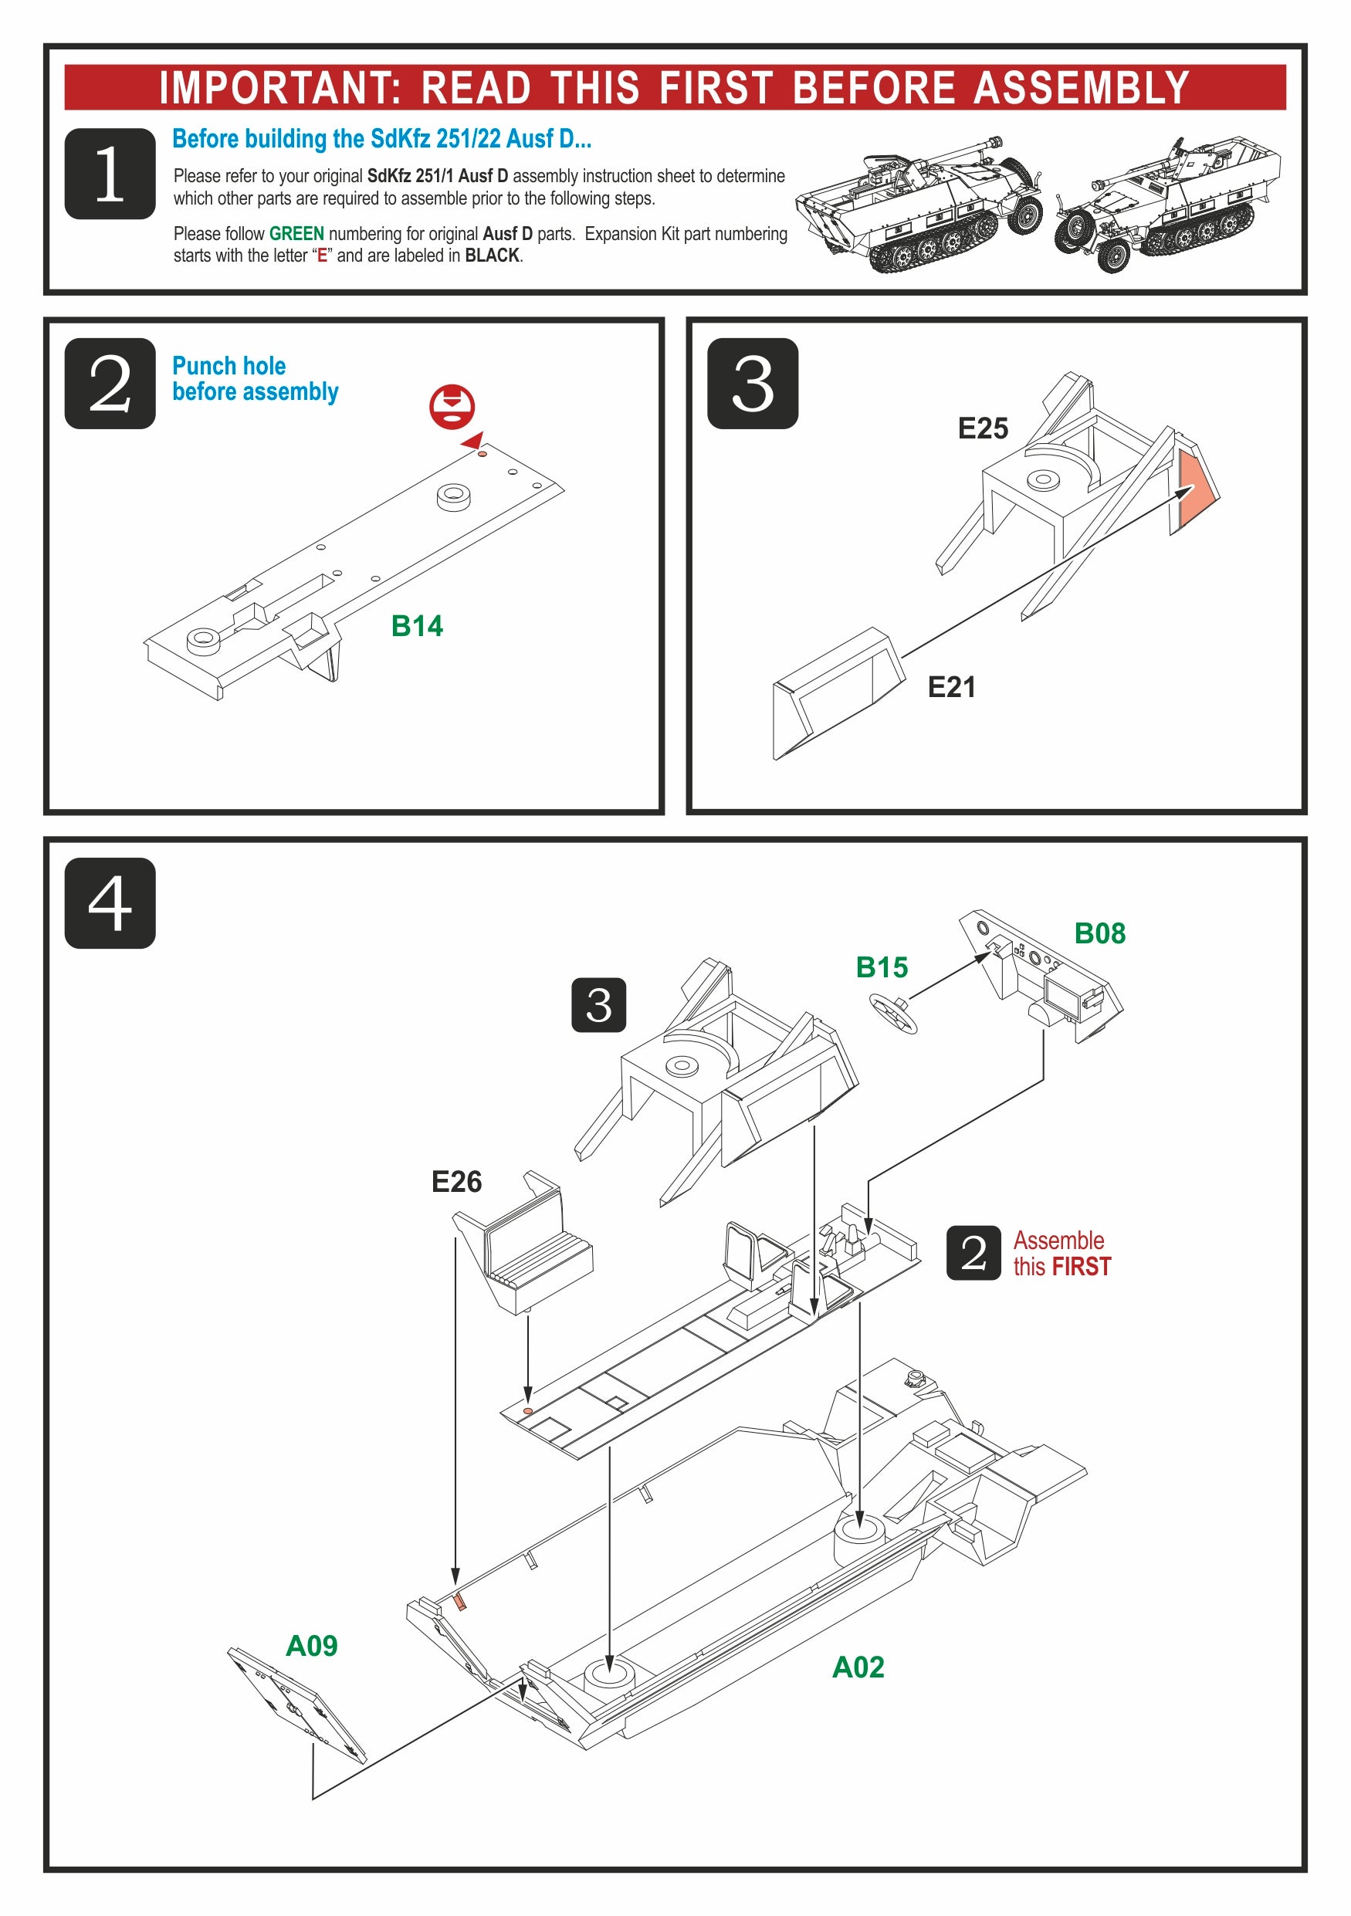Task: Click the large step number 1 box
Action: pyautogui.click(x=110, y=174)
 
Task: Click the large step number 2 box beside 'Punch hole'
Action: pyautogui.click(x=110, y=383)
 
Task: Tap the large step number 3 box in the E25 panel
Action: pyautogui.click(x=752, y=383)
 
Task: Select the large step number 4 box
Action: pyautogui.click(x=110, y=902)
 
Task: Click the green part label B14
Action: pyautogui.click(x=416, y=626)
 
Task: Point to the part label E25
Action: pyautogui.click(x=982, y=429)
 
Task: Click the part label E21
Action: pyautogui.click(x=950, y=688)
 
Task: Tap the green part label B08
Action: pyautogui.click(x=1099, y=933)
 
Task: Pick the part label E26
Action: pyautogui.click(x=456, y=1182)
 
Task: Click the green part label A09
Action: pyautogui.click(x=311, y=1646)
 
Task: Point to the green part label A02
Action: pyautogui.click(x=858, y=1667)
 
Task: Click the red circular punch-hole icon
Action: pyautogui.click(x=452, y=405)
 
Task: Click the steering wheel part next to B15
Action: pyautogui.click(x=893, y=1012)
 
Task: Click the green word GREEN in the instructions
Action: pyautogui.click(x=296, y=234)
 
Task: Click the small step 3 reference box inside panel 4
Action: pyautogui.click(x=598, y=1005)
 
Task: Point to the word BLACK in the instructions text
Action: pyautogui.click(x=492, y=256)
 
